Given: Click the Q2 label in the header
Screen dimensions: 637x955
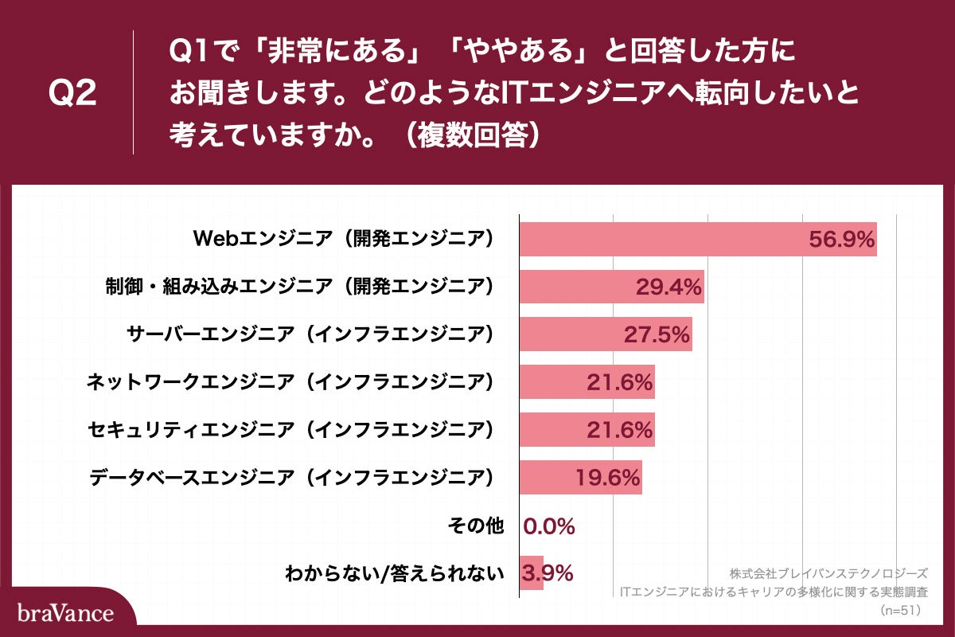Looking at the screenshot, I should pyautogui.click(x=72, y=94).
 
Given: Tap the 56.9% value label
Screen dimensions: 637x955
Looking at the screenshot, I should pyautogui.click(x=841, y=239).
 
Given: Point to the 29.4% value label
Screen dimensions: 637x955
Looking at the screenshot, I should pyautogui.click(x=668, y=287).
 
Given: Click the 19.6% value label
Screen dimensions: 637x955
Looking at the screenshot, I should pyautogui.click(x=607, y=478).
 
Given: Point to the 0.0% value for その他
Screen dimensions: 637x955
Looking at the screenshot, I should pyautogui.click(x=549, y=526).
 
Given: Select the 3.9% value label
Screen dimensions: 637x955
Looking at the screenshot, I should pyautogui.click(x=548, y=573).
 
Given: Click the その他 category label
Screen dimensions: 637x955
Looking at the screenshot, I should pyautogui.click(x=476, y=526).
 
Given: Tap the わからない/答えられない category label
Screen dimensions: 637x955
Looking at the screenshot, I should pyautogui.click(x=395, y=573).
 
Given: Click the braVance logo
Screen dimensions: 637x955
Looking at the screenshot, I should pyautogui.click(x=65, y=613).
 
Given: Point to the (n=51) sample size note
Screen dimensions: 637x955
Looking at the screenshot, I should pyautogui.click(x=900, y=611).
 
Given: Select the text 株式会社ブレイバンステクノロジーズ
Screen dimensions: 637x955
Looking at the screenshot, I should pyautogui.click(x=828, y=573).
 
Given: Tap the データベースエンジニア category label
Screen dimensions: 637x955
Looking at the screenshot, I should pyautogui.click(x=291, y=478).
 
